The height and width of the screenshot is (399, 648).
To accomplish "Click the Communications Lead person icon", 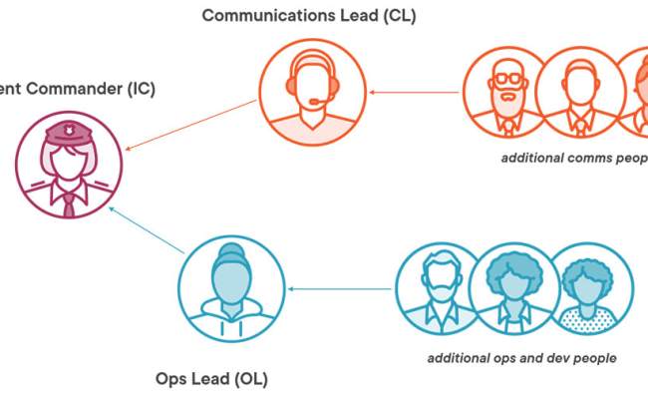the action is (x=310, y=92).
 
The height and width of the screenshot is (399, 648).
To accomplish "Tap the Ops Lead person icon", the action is (x=231, y=287).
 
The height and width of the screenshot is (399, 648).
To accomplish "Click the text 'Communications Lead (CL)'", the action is (x=309, y=16).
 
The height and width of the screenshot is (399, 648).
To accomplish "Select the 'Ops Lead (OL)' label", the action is (x=211, y=380).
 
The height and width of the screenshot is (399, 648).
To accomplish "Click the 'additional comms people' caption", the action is (x=574, y=159).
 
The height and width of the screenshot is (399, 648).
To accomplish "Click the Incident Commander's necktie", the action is (x=69, y=204).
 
